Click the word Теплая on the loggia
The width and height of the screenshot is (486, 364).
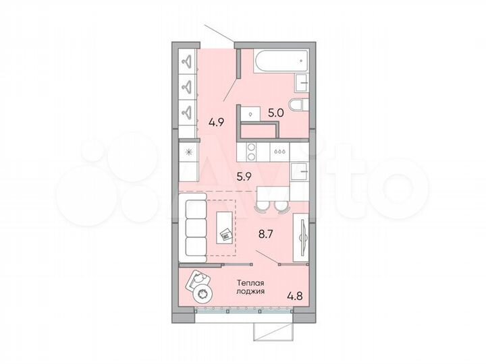click(249, 284)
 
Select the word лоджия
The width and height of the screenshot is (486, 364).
click(250, 293)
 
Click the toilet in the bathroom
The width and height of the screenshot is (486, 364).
click(296, 105)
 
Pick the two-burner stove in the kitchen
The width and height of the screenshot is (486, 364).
click(250, 153)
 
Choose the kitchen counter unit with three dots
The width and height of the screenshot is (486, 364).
click(279, 153)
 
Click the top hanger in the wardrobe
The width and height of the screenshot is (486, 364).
click(187, 62)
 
